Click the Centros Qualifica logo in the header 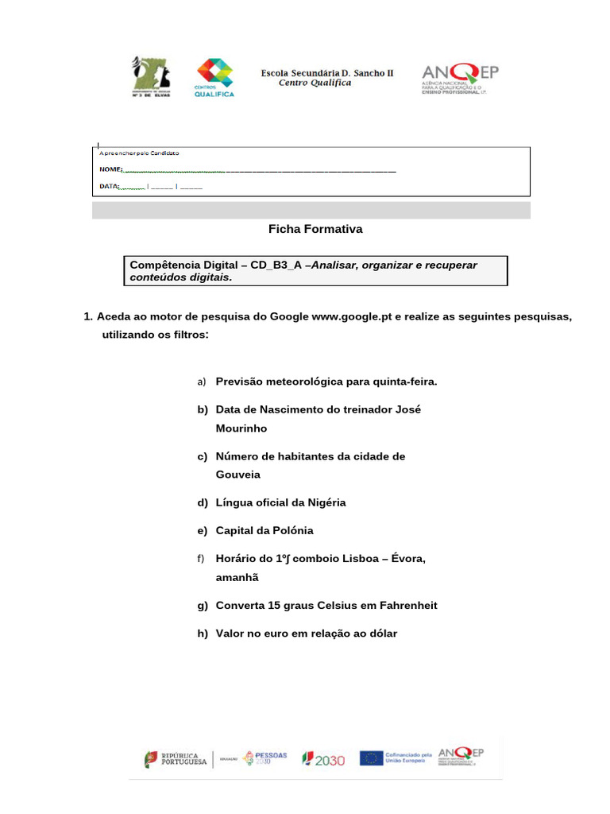coord(214,77)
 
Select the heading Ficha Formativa coord(315,229)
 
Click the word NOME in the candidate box coord(110,170)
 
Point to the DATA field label coord(108,187)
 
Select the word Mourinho coord(241,428)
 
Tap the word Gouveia coord(238,475)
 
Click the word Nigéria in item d coord(321,503)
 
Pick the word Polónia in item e coord(288,531)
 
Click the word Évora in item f coord(407,560)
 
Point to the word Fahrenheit coord(403,606)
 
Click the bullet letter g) coord(202,606)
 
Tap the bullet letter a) coord(202,382)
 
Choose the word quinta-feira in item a coord(403,382)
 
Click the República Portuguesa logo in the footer coord(176,758)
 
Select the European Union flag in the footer coord(371,758)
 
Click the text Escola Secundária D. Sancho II coord(327,73)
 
